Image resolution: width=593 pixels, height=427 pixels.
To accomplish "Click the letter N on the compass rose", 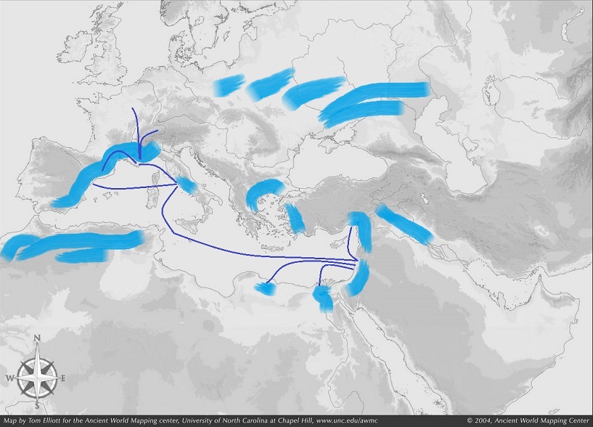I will pyautogui.click(x=36, y=338).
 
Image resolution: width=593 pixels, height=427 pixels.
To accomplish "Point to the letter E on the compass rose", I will pyautogui.click(x=64, y=378).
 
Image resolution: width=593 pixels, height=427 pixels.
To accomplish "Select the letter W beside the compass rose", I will pyautogui.click(x=9, y=378).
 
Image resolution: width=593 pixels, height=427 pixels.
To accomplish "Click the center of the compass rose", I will pyautogui.click(x=36, y=375).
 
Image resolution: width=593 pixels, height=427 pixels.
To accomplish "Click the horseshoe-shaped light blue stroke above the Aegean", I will pyautogui.click(x=263, y=192).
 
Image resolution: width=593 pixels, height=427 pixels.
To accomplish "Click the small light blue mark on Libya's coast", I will pyautogui.click(x=263, y=289).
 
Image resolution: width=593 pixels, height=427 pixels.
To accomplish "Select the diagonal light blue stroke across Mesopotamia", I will pyautogui.click(x=405, y=223).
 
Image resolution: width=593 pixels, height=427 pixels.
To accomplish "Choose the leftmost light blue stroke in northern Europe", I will pyautogui.click(x=230, y=85).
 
